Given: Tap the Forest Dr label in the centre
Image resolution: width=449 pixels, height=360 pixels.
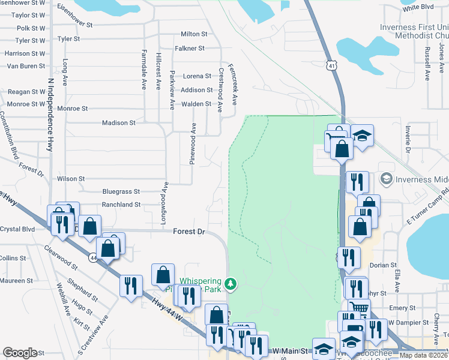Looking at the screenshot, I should [x=189, y=232].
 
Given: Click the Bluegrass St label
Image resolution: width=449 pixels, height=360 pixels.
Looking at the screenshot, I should [x=121, y=192].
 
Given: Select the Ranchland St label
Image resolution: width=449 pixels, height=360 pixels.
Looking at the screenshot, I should [x=121, y=205].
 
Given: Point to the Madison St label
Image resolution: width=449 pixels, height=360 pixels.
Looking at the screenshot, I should [x=119, y=123].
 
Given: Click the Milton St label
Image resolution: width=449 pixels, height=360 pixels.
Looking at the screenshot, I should [x=194, y=34].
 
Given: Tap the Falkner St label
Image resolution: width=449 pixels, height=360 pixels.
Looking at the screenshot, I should [x=190, y=48].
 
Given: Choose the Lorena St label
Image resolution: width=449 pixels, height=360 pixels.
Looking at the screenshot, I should [x=197, y=76].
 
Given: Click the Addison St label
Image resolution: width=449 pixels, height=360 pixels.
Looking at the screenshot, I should [x=197, y=90].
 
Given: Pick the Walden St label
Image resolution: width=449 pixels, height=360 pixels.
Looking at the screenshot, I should [x=197, y=104].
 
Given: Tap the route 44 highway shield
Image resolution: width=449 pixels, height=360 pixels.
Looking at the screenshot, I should [x=93, y=257].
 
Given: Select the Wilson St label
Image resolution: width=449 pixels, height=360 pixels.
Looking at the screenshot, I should [x=70, y=179].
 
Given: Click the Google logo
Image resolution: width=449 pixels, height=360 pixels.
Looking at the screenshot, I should [x=20, y=352].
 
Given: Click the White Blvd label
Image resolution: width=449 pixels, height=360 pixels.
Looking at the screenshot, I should [x=418, y=8].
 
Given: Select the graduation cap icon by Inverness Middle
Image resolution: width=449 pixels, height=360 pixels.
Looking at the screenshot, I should [x=385, y=179].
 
